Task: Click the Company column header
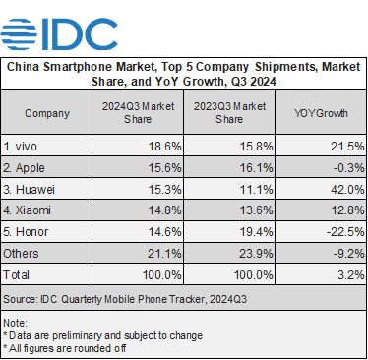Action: (47, 113)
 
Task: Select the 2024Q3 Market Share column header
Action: (139, 113)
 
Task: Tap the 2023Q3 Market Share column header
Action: (230, 113)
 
